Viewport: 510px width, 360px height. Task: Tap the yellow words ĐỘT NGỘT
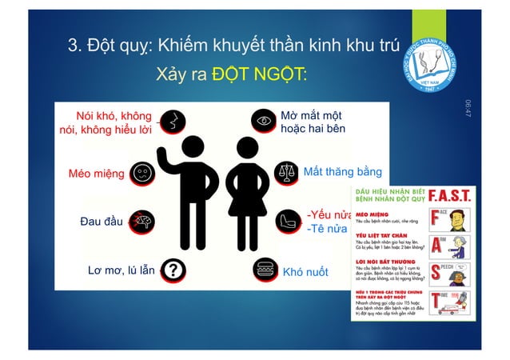tap(260, 75)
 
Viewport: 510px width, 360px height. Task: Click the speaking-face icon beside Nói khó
tap(169, 122)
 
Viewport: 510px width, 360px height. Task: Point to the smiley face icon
tap(142, 172)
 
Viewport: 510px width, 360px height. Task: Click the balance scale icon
tap(285, 172)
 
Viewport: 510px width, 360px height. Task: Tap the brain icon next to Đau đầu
tap(145, 221)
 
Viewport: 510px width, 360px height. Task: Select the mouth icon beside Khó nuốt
tap(265, 270)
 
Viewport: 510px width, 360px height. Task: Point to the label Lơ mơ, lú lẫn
tap(121, 271)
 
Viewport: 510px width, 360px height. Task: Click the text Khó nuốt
tap(305, 272)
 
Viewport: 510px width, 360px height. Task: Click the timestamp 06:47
tap(468, 111)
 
